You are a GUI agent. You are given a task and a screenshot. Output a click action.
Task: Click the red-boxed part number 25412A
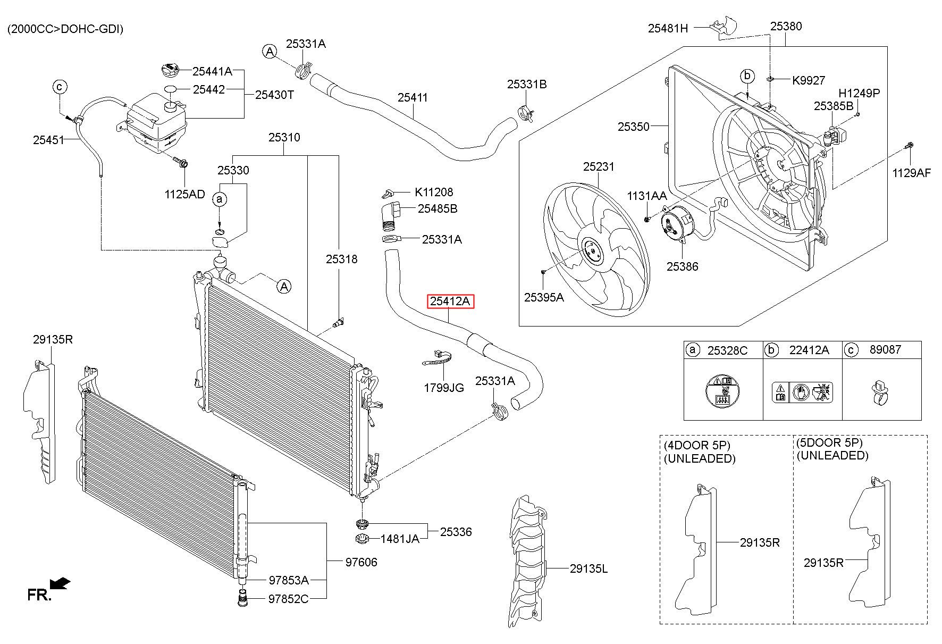(x=450, y=302)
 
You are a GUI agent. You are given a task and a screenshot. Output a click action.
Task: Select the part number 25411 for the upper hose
(x=413, y=98)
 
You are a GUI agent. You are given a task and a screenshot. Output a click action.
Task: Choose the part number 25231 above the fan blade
(x=599, y=167)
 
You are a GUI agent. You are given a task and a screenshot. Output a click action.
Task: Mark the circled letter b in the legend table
(x=771, y=350)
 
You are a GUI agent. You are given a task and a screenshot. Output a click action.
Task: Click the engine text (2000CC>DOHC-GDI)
(x=65, y=29)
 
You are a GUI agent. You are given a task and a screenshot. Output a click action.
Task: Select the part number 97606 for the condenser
(x=361, y=562)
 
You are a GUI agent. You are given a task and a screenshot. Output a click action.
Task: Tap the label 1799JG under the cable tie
(x=443, y=388)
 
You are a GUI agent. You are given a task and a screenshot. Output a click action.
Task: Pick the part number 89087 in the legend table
(x=885, y=350)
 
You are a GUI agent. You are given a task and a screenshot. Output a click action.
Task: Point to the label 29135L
(x=588, y=569)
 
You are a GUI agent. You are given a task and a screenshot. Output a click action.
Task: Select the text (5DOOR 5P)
(x=829, y=442)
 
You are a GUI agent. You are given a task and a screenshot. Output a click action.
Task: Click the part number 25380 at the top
(x=786, y=26)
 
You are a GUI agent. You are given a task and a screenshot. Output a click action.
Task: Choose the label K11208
(x=434, y=192)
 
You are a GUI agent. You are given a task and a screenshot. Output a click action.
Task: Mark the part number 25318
(x=341, y=260)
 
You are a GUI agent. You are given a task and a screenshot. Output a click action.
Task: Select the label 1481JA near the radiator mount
(x=400, y=539)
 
